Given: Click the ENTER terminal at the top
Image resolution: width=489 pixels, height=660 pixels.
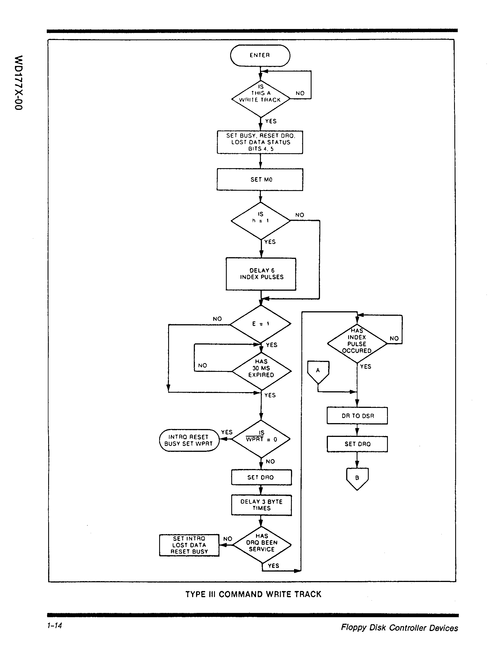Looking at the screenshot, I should tap(260, 55).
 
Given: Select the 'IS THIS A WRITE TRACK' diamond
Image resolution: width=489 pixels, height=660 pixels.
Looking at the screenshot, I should tap(260, 99).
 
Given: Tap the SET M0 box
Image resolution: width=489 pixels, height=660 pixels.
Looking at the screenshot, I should tap(260, 179).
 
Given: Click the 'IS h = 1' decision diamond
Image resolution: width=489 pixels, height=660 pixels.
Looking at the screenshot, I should tap(260, 221).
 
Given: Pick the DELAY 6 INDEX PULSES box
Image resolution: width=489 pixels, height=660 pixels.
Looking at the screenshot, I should tap(261, 274).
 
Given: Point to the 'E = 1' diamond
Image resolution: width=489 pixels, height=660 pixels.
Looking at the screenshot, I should tap(260, 323).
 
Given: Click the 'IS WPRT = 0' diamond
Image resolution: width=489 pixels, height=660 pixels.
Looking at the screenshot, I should tap(261, 439).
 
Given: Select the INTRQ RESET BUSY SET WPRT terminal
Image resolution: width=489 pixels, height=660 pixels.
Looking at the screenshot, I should tap(189, 440).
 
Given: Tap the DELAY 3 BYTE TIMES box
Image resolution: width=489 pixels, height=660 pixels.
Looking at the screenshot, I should tap(261, 505).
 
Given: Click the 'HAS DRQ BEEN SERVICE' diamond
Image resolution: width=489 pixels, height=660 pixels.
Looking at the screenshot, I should tap(262, 544).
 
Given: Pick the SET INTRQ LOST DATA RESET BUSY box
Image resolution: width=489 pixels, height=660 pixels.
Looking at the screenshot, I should tap(189, 545).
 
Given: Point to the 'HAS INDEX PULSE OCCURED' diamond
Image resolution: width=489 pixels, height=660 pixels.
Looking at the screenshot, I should tap(357, 343).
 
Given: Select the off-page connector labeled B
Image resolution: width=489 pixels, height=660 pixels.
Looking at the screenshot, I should tap(357, 478).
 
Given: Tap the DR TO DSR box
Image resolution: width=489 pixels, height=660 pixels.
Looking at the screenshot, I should tap(357, 415).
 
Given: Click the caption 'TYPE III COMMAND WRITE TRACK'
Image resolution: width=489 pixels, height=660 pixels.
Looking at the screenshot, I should tap(253, 594).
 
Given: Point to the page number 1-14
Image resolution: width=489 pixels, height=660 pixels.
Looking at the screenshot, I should tap(54, 625).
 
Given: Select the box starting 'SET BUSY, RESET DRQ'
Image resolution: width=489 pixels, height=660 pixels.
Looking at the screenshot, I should tap(260, 142).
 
